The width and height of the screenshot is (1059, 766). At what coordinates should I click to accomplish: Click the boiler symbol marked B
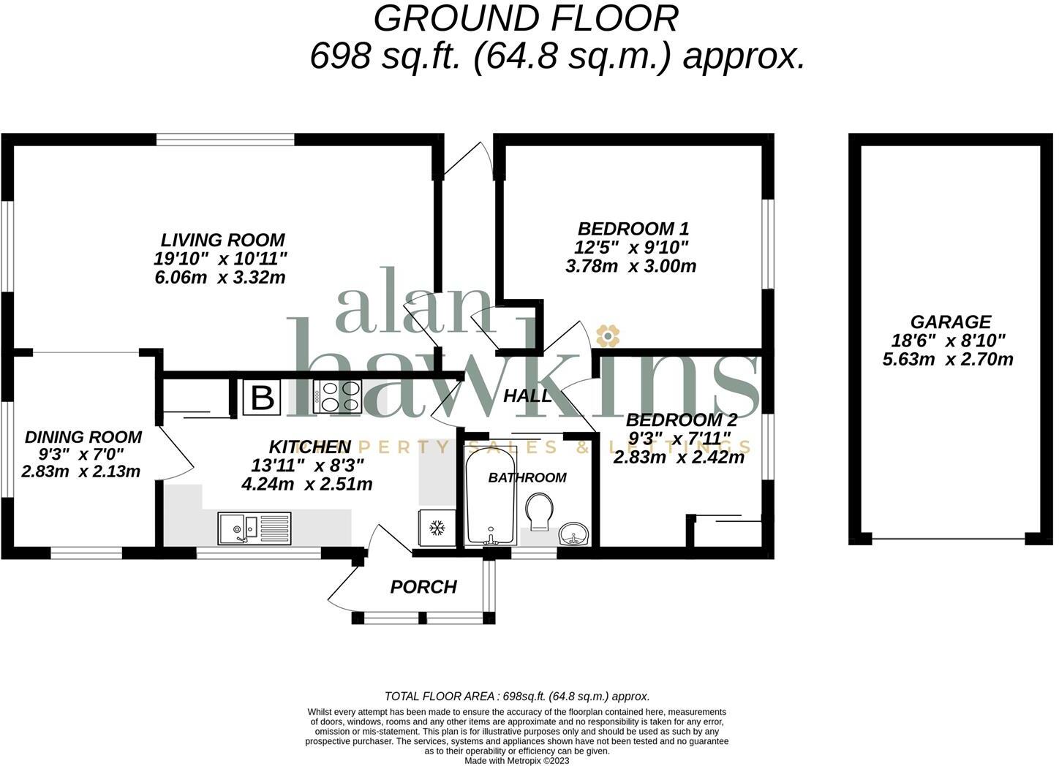[x=262, y=398]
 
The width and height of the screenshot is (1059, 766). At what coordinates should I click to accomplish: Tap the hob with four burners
[x=336, y=398]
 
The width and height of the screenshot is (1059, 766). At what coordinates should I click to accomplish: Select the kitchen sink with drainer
[x=254, y=528]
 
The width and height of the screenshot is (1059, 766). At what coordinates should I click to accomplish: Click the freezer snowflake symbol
[x=437, y=528]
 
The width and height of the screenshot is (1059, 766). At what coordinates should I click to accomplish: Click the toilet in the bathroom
[x=540, y=510]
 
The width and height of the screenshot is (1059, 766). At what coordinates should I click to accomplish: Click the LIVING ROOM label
[x=222, y=240]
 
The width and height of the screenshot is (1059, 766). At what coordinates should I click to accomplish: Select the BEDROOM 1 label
[x=633, y=229]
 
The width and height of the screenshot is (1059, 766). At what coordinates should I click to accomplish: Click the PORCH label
[x=423, y=587]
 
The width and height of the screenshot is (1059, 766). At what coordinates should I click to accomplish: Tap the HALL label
[x=527, y=396]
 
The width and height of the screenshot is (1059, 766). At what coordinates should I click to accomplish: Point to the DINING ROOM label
[x=83, y=437]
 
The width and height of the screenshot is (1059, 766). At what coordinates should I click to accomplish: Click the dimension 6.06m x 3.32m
[x=220, y=278]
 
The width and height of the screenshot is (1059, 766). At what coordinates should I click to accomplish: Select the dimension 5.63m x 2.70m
[x=948, y=359]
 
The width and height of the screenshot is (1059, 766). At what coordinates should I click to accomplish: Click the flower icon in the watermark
[x=607, y=335]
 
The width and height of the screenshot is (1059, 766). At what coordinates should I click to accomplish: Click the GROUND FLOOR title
[x=525, y=19]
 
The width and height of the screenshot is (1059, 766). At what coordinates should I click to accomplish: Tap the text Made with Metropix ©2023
[x=517, y=760]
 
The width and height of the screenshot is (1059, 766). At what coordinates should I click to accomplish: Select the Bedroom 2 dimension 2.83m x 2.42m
[x=679, y=458]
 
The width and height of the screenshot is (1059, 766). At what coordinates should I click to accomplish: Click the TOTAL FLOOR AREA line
[x=517, y=697]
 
